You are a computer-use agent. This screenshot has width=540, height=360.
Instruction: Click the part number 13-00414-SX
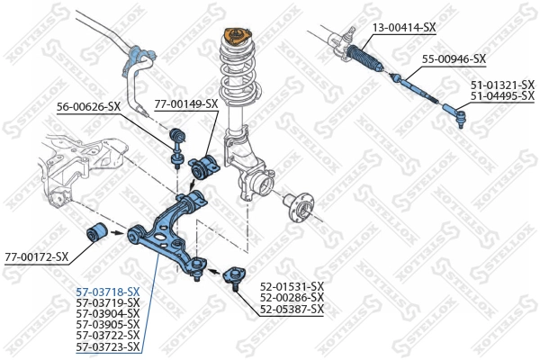point(404,28)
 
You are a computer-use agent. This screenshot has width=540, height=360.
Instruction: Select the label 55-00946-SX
point(454,59)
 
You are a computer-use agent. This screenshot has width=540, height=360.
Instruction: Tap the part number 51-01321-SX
point(502,85)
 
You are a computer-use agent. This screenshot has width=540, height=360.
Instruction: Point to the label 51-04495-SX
point(502,94)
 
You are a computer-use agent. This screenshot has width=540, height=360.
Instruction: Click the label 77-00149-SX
point(186,103)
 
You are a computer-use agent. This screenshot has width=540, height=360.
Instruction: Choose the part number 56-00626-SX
point(89,106)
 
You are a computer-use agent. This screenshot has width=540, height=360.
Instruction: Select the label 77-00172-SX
point(37,256)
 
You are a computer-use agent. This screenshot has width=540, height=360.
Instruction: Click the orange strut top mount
point(235,39)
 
